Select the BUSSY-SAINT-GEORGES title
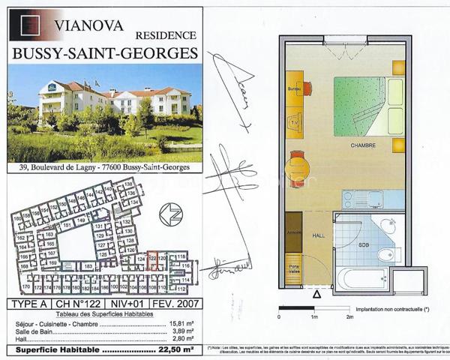(x=105, y=53)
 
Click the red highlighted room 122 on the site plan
(x=152, y=261)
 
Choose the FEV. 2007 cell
(x=176, y=304)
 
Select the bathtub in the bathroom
(x=361, y=280)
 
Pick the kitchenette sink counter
(x=363, y=199)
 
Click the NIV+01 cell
(x=128, y=304)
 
